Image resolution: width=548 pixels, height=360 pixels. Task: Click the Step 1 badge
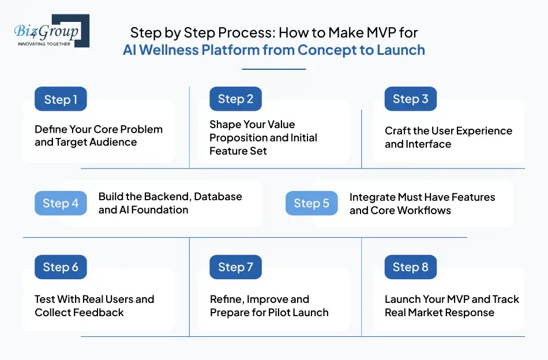coord(61,99)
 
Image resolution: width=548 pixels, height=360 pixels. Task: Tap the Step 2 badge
coord(235,99)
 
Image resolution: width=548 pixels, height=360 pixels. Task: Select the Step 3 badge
coord(410,99)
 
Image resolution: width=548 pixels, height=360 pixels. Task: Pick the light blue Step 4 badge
coord(61,203)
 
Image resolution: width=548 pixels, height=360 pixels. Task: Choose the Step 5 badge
coord(311,203)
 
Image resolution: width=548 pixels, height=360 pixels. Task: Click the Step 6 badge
coord(61,267)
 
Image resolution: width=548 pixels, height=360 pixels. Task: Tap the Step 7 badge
coord(235,267)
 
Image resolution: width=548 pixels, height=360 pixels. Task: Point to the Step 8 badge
coord(410,267)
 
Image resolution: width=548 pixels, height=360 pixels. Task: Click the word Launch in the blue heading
coord(400,50)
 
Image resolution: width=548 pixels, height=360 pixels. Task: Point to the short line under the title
coord(273,69)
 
